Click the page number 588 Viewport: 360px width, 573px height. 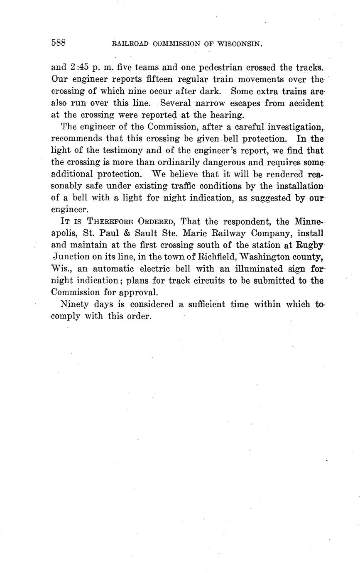coord(59,43)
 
